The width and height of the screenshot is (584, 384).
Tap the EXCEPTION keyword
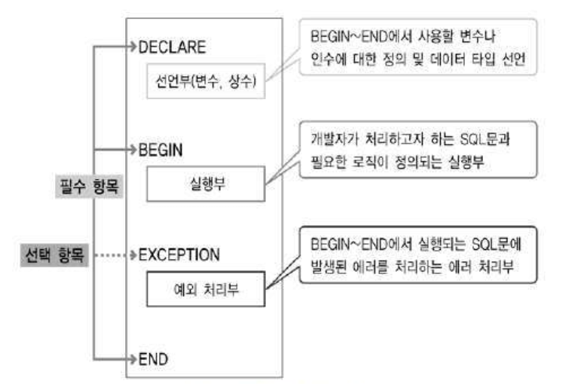(x=179, y=254)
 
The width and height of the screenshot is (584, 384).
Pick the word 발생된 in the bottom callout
(x=329, y=269)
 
